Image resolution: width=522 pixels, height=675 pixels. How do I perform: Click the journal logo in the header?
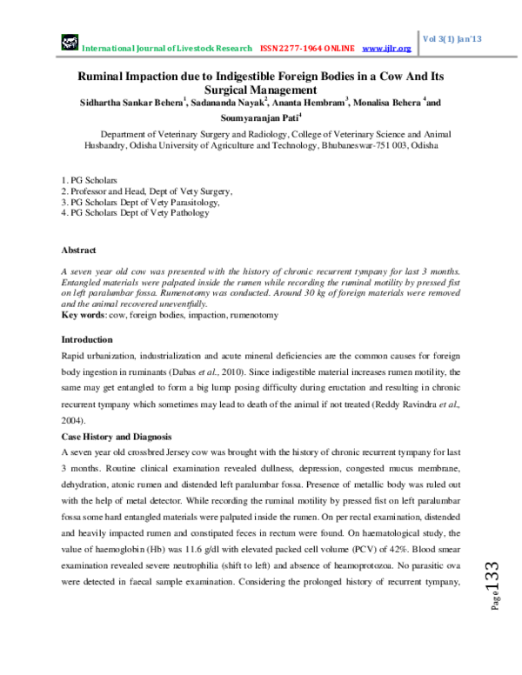point(69,42)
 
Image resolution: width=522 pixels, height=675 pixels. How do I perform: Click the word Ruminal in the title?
point(97,77)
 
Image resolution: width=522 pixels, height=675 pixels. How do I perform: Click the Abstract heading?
point(78,249)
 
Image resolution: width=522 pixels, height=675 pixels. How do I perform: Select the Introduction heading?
point(86,339)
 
